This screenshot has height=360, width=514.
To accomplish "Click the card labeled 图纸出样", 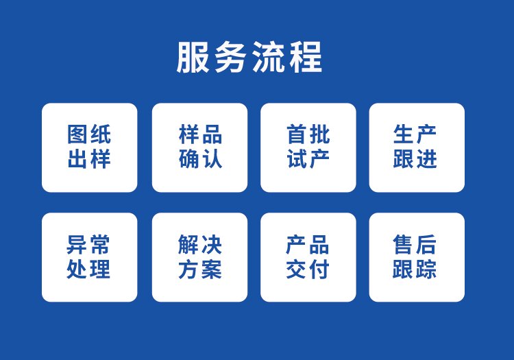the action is (x=90, y=147).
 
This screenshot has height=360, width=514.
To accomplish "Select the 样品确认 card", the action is (x=199, y=147).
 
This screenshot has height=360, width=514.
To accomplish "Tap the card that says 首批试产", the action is (x=308, y=147).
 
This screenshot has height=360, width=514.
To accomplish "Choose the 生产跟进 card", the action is (x=417, y=147).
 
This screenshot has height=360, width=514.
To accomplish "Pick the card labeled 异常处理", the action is (x=90, y=257).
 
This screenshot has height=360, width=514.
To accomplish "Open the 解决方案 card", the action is (x=199, y=257).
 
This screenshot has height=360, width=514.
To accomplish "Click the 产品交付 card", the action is (x=308, y=257).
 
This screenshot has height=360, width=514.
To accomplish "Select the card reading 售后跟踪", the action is (x=417, y=257).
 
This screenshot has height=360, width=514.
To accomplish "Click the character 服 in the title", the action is (x=193, y=57).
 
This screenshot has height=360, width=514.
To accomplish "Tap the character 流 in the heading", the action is (x=268, y=57).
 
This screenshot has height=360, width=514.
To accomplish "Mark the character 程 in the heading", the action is (x=306, y=57).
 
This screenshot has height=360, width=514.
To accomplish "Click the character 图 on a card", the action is (x=77, y=134).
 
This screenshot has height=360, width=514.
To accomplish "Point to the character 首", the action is (x=297, y=134).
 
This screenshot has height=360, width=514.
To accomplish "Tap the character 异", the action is (x=76, y=245).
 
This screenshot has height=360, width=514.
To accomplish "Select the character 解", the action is (x=188, y=245).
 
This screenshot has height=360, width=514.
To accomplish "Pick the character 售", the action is (x=403, y=245).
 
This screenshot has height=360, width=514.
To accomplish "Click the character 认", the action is (x=212, y=158).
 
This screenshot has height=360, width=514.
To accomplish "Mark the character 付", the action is (x=319, y=269).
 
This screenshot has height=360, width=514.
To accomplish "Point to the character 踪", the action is (x=426, y=269).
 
